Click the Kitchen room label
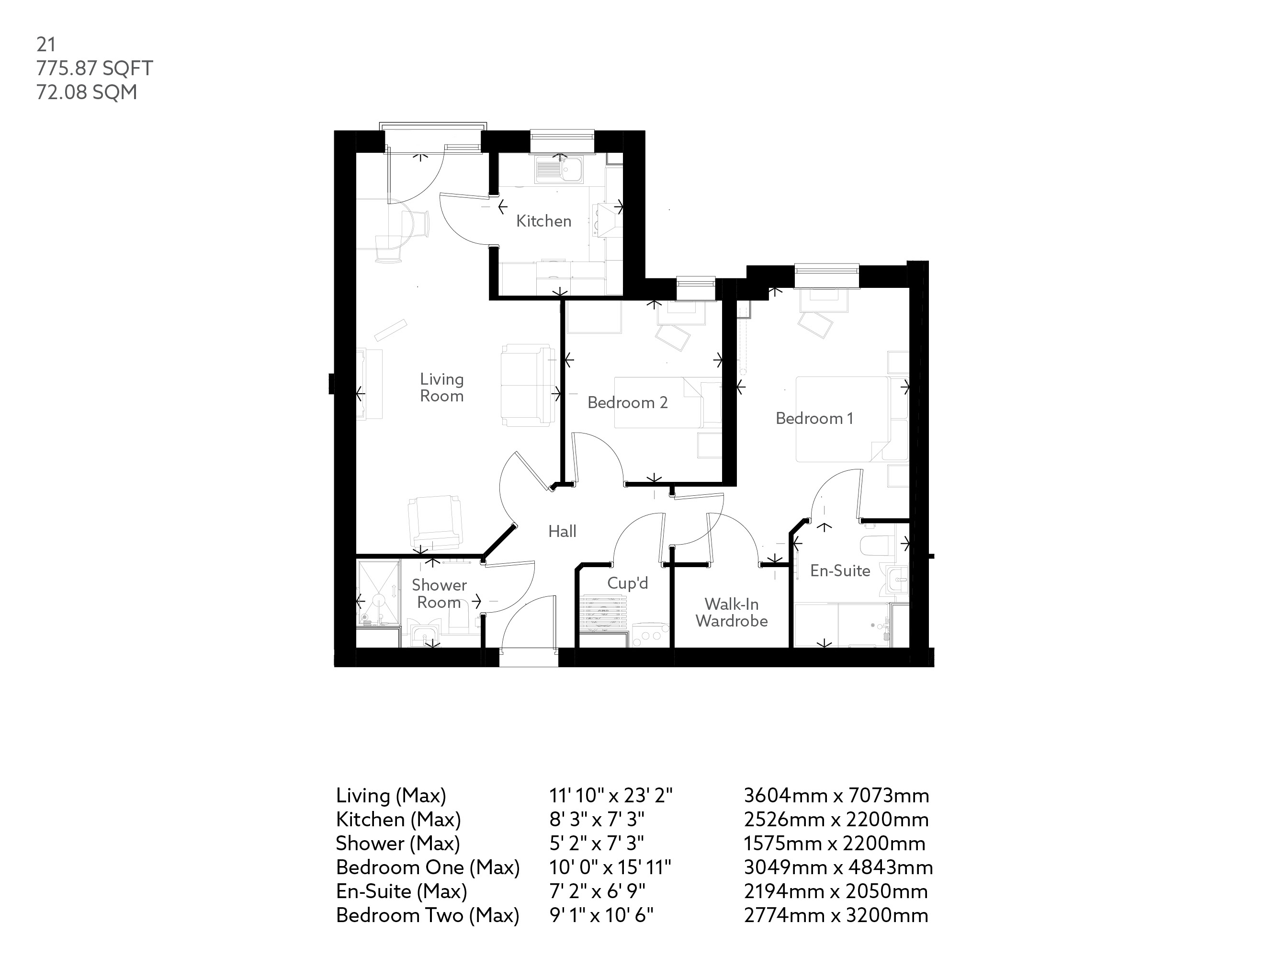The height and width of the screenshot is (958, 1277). click(543, 221)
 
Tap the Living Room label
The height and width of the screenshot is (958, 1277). click(441, 388)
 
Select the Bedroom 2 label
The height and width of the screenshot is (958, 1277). click(628, 402)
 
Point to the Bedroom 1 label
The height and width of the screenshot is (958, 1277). click(814, 418)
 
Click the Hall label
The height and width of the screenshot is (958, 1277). click(562, 531)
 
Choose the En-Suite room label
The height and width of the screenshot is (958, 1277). click(839, 570)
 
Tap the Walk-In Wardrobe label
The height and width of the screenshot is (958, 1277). click(732, 613)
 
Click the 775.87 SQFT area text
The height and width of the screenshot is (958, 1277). click(95, 68)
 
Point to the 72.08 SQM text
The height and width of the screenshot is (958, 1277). click(87, 92)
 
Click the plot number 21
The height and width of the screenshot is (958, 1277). click(46, 45)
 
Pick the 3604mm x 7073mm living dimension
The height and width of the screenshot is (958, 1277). click(836, 796)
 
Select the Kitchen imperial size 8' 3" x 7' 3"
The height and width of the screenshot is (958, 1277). click(596, 820)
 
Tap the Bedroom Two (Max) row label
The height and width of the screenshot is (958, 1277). click(427, 915)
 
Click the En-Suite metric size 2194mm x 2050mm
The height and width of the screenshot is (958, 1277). click(836, 891)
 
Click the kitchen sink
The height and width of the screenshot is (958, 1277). click(560, 170)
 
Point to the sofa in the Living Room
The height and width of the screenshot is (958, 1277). click(525, 385)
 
